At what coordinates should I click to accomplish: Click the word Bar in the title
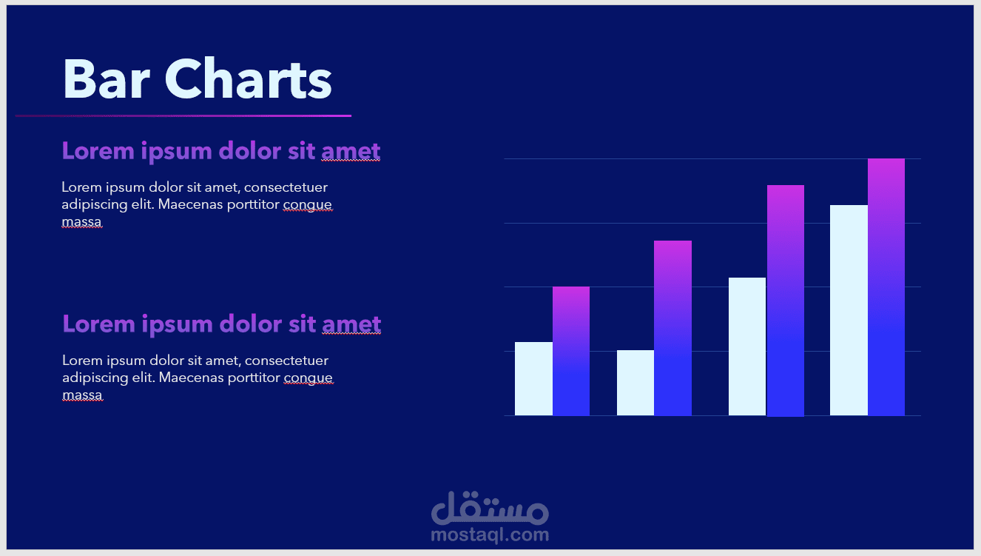coord(107,79)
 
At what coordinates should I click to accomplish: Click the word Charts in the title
coord(249,79)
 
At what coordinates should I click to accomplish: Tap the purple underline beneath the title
coord(183,115)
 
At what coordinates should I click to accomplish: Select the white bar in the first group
coord(533,378)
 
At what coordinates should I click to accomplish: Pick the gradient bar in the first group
coord(571,351)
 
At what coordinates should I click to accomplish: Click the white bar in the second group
coord(636,383)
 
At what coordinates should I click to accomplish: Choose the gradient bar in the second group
coord(672,328)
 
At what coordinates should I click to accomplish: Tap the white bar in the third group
coord(747,346)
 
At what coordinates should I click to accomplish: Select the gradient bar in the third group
coord(785,301)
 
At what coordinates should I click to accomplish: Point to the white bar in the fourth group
coord(849,310)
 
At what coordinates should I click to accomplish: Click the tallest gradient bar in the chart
coord(886,287)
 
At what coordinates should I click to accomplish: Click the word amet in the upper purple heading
coord(351,152)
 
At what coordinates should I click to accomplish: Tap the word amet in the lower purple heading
coord(351,325)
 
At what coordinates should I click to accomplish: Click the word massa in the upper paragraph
coord(81,221)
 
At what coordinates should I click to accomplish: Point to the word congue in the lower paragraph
coord(309,378)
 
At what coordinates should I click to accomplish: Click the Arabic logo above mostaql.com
coord(490,508)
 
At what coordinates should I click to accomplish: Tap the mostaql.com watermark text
coord(490,535)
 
